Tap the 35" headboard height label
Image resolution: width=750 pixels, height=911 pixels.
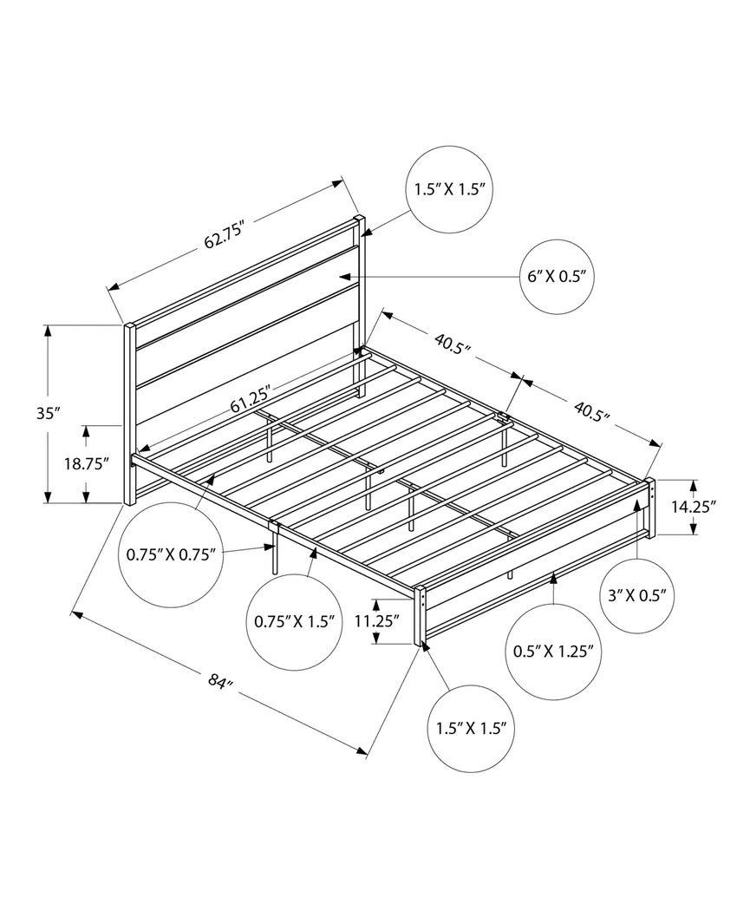click(x=48, y=413)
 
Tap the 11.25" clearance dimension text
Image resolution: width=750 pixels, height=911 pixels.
click(x=376, y=621)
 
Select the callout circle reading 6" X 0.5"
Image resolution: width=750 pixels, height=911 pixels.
click(x=558, y=277)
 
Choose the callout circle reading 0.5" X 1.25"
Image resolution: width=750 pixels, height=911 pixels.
click(x=555, y=652)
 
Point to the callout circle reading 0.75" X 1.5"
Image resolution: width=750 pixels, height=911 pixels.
click(x=295, y=621)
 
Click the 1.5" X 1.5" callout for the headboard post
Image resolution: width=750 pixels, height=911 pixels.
click(x=449, y=188)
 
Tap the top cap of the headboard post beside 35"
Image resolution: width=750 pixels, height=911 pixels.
click(x=128, y=326)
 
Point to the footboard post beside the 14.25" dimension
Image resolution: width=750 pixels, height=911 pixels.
click(x=650, y=508)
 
